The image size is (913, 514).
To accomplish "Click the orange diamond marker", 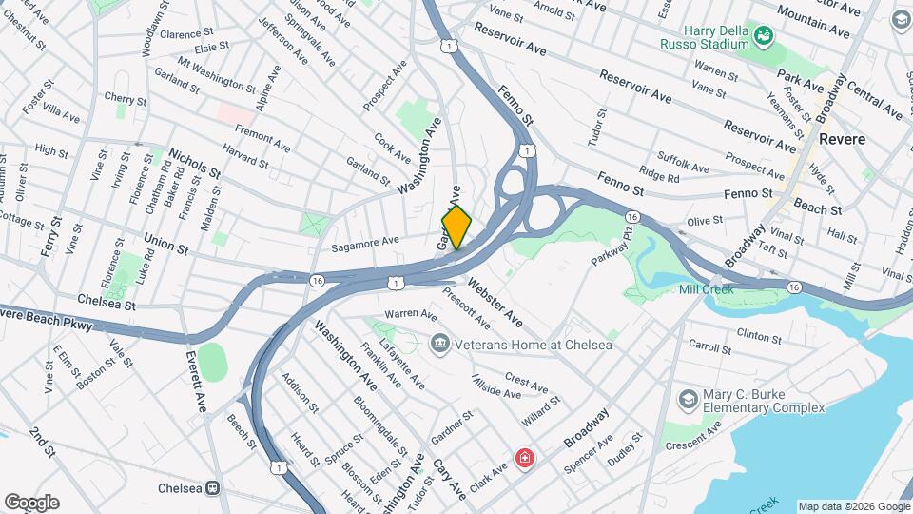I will tap(456, 227).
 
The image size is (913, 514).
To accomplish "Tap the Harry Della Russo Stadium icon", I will tap(763, 36).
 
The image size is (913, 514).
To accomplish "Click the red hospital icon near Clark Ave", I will tap(524, 460).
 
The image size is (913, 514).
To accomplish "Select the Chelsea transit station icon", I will tap(215, 488).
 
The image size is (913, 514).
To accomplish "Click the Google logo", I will tap(31, 503).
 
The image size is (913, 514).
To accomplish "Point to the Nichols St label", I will tap(194, 164).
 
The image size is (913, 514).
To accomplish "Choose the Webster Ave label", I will tap(495, 301).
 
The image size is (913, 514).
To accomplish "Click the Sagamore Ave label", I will tap(364, 245).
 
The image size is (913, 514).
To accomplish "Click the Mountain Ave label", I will tap(812, 19).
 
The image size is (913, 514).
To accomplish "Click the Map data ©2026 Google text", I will tap(853, 506).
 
